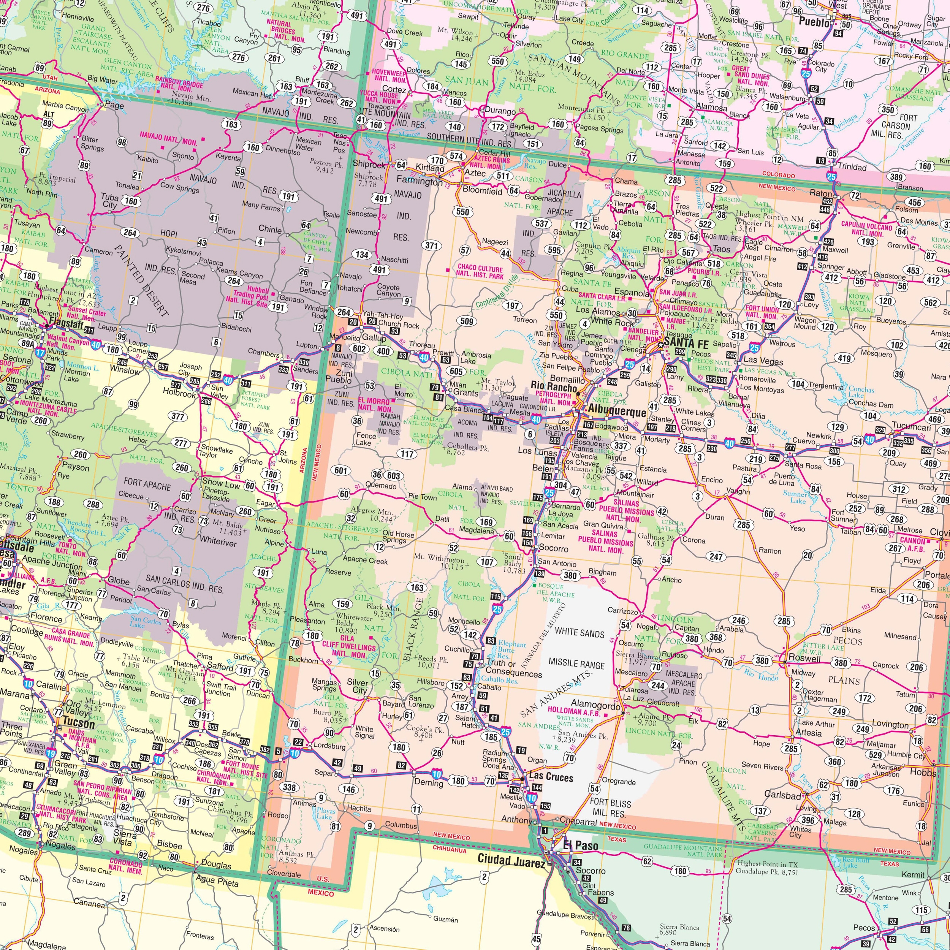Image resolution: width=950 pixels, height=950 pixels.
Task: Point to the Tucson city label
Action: (79, 723)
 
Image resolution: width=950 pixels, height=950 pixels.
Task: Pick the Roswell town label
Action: (804, 658)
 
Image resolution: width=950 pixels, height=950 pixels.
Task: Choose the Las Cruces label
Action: (551, 777)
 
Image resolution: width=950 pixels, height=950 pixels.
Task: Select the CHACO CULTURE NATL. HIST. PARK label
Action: (480, 272)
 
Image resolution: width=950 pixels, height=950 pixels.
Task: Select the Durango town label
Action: (500, 111)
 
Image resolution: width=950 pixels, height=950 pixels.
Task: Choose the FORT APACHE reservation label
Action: (147, 486)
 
